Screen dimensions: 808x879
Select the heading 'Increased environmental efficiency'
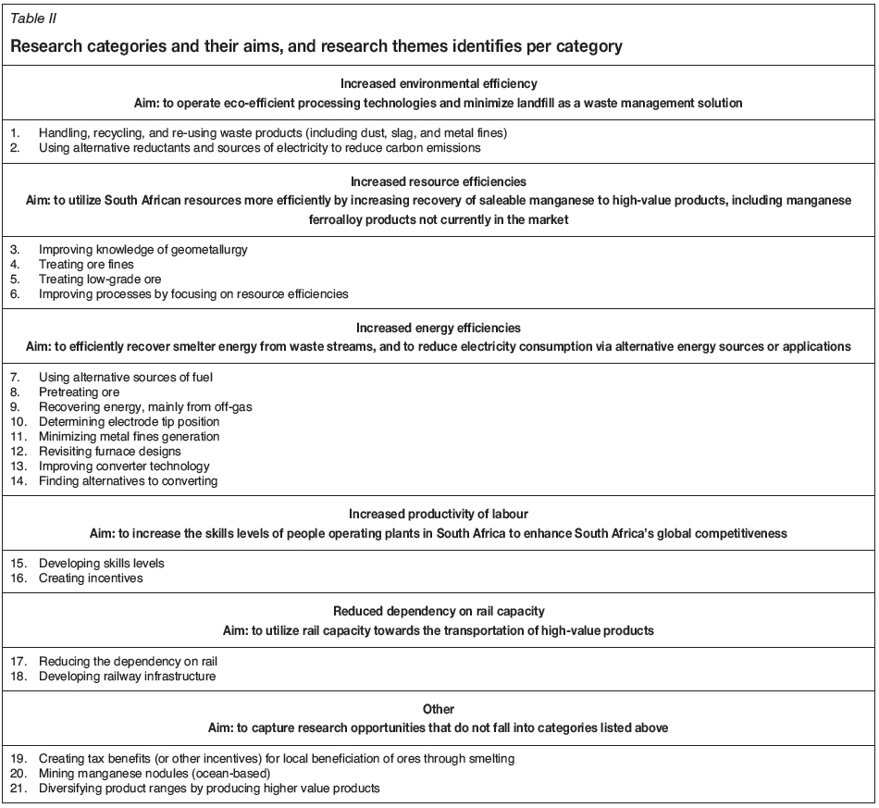click(439, 83)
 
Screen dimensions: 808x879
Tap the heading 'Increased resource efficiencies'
click(439, 182)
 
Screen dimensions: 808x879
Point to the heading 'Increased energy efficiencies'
click(439, 328)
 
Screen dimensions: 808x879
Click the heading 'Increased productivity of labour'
click(439, 514)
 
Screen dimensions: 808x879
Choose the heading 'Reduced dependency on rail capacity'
click(439, 612)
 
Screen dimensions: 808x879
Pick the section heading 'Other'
click(439, 710)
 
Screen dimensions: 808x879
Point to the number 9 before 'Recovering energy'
click(16, 407)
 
